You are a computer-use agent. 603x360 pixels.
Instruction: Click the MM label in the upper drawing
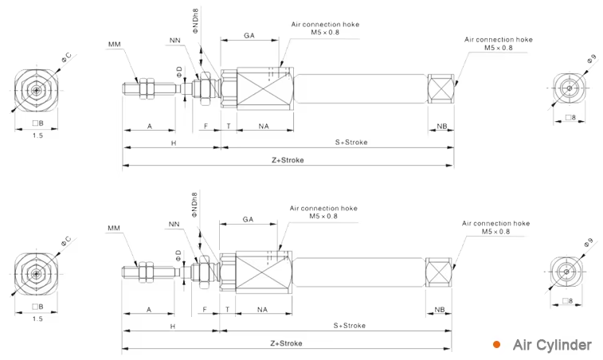coord(114,45)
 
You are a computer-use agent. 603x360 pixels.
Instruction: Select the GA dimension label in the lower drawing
coord(248,219)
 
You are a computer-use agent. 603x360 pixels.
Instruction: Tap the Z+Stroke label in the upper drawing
coord(288,160)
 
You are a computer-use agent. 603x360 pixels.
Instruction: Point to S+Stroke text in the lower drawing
coord(350,326)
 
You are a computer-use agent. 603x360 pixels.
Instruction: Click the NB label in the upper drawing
coord(442,126)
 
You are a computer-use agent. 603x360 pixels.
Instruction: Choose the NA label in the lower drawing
coord(262,310)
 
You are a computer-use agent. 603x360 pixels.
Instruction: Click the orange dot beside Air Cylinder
coord(497,345)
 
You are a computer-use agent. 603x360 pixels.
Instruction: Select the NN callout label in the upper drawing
coord(175,41)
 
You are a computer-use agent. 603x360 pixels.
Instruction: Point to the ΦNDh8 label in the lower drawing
coord(194,205)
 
